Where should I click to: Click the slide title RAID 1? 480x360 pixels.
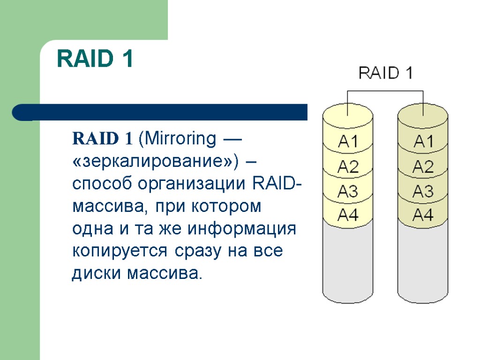(x=95, y=60)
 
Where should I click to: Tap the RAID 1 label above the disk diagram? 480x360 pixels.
(x=385, y=73)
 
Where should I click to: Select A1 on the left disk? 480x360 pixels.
(x=348, y=141)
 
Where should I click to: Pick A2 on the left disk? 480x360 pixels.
(x=348, y=166)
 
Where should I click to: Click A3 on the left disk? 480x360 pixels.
(x=348, y=191)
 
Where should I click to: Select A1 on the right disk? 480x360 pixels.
(x=423, y=141)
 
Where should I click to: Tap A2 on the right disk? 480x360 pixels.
(x=423, y=166)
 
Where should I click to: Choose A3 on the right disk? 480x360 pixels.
(x=423, y=191)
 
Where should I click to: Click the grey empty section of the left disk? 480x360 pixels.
(x=348, y=262)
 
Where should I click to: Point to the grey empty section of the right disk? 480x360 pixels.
(x=423, y=262)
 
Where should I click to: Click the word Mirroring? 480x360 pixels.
(x=179, y=139)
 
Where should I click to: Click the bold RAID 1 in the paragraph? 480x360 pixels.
(x=102, y=139)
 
